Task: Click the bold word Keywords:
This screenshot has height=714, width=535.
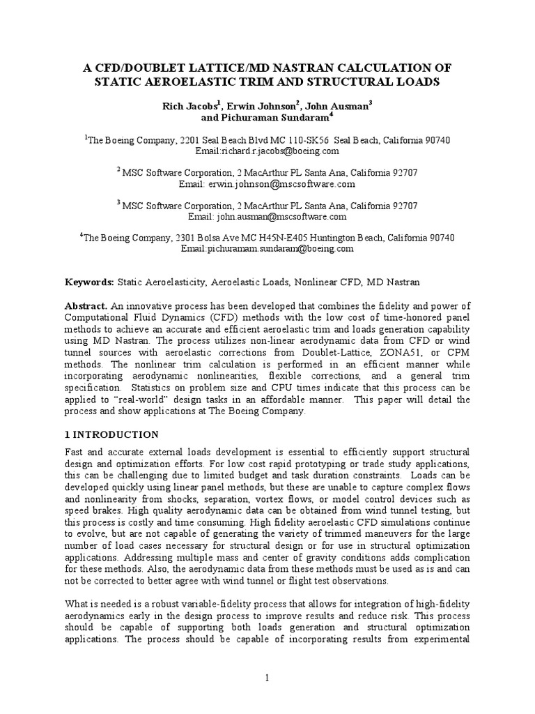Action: point(88,282)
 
